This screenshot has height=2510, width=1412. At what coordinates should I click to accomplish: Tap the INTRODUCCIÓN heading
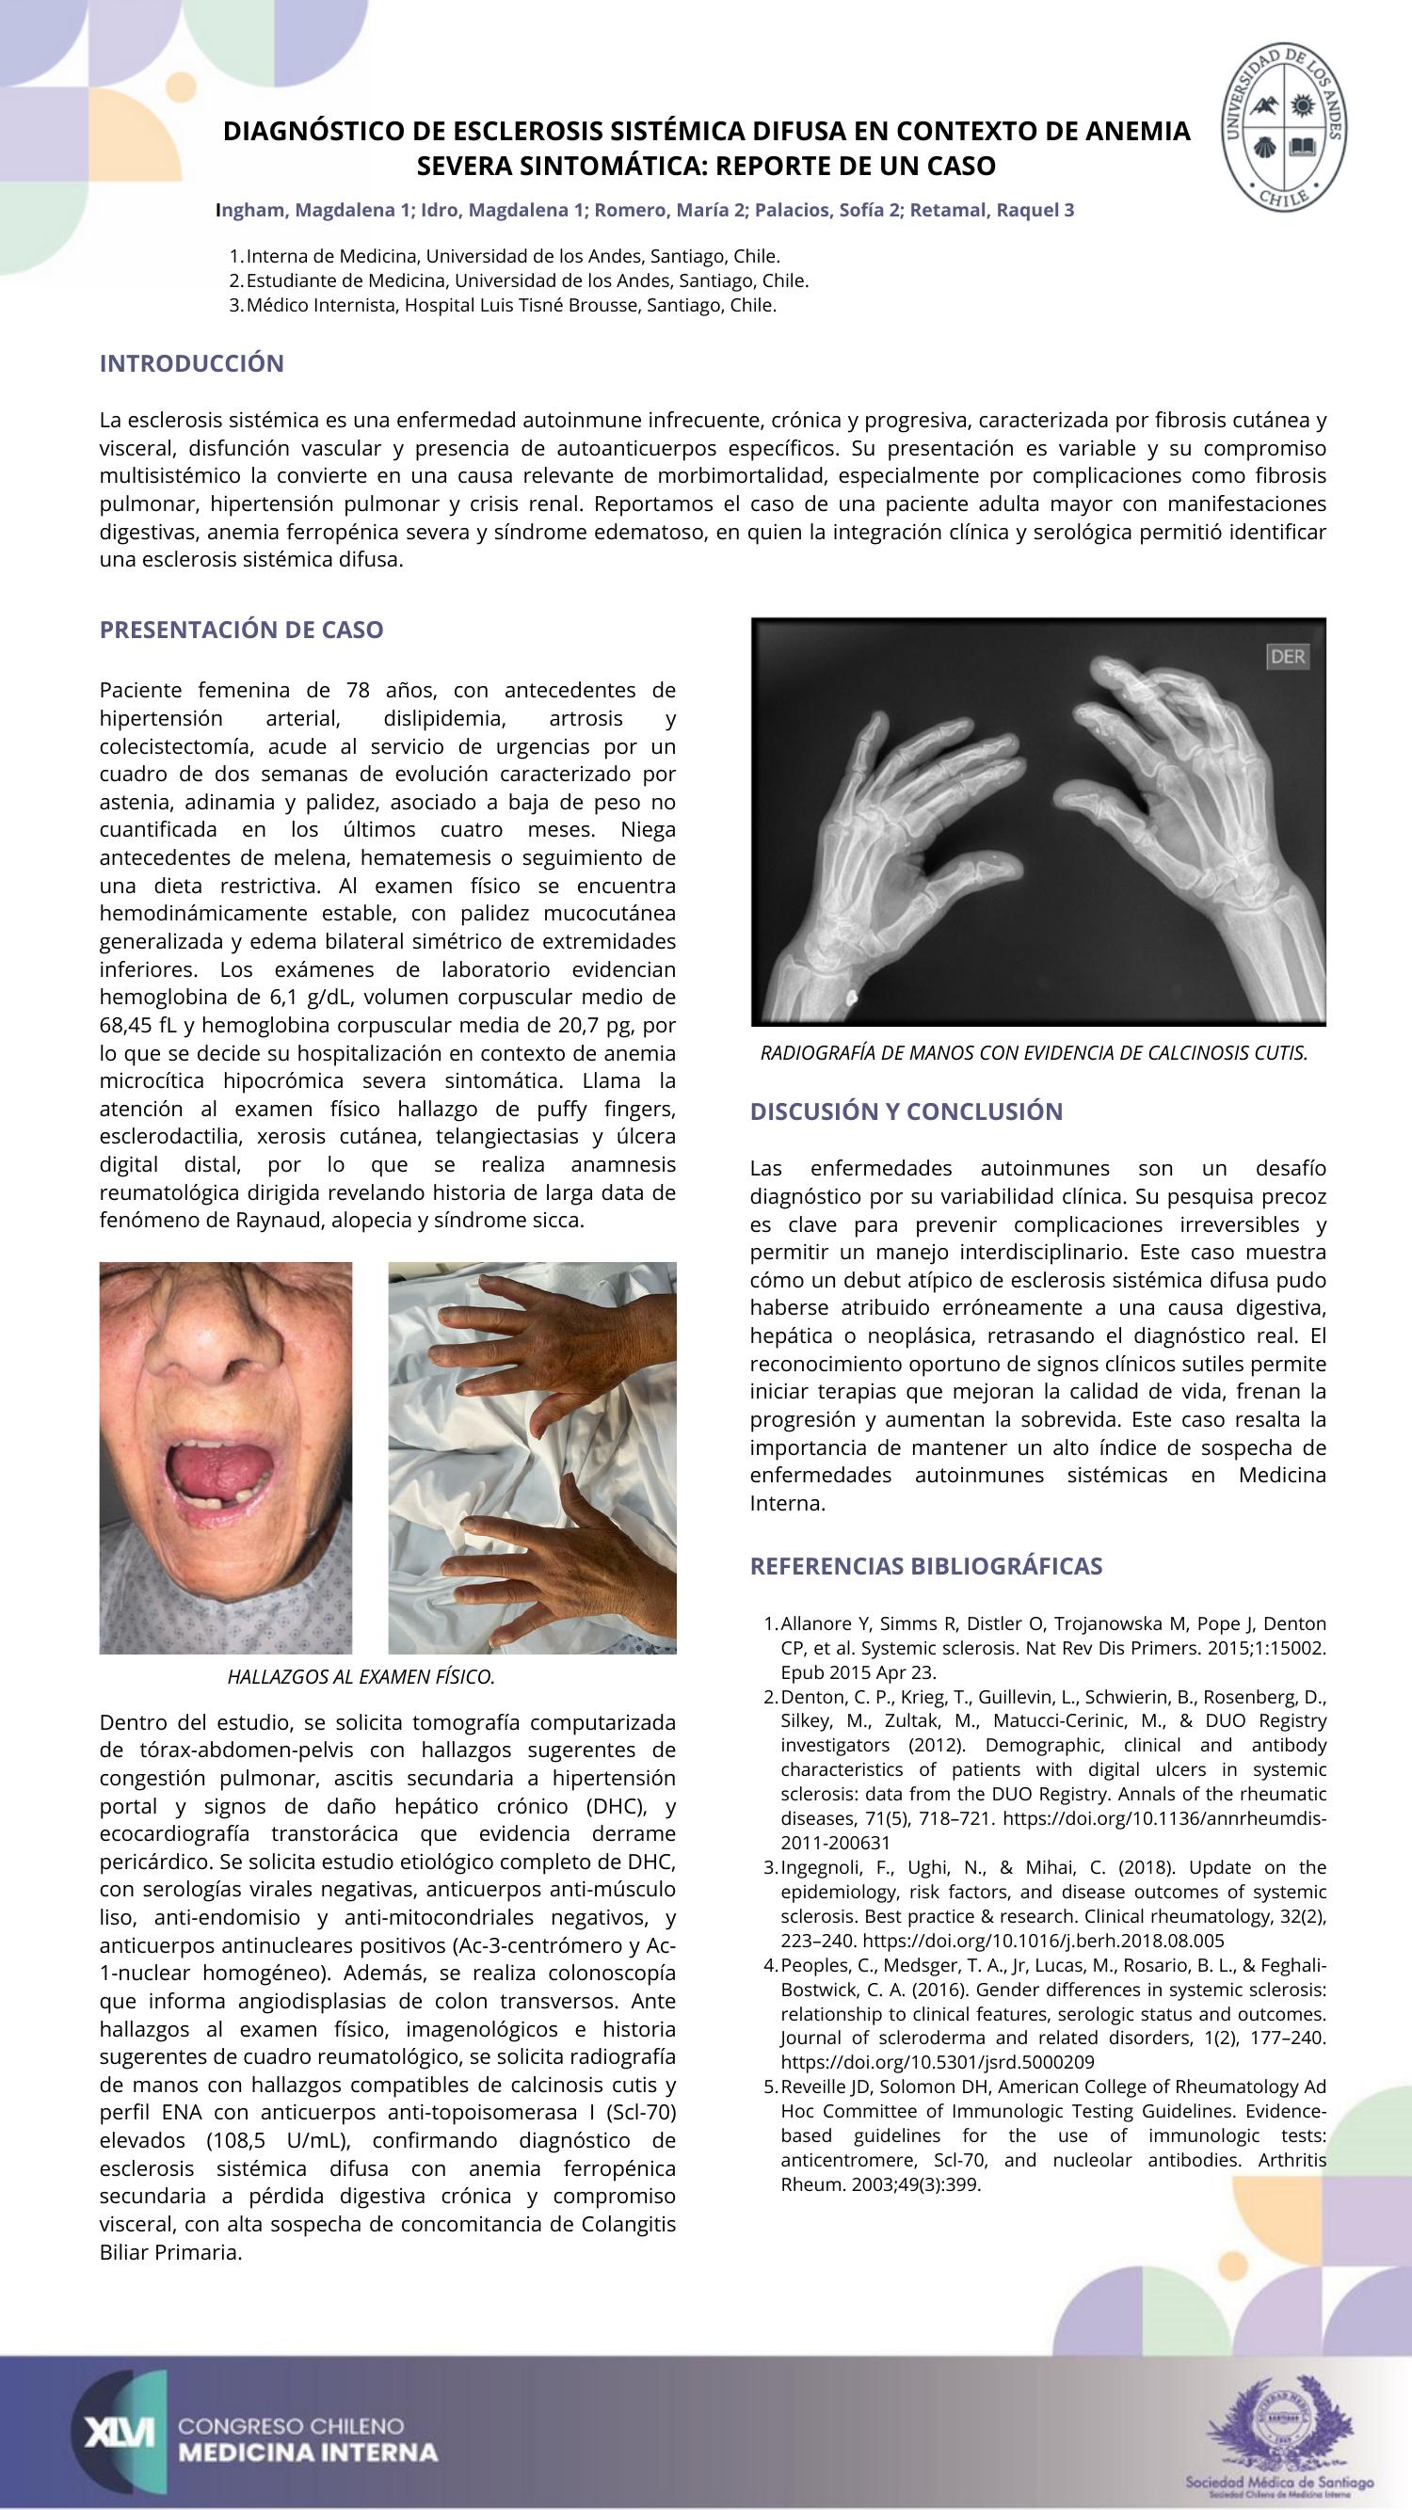coord(192,363)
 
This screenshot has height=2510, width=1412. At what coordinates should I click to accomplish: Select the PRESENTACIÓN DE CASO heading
coord(242,630)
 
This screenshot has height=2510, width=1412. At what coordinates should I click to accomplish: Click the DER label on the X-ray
coord(1287,657)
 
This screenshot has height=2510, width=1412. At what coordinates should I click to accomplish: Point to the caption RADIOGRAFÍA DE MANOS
coord(1033,1053)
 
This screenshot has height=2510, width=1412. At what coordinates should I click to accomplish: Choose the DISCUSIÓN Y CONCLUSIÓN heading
coord(907,1111)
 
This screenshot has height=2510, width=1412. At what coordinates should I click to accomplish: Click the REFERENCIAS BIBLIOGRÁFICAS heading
coord(925,1566)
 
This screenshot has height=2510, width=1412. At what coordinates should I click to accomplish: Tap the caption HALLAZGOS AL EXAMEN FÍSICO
coord(361,1677)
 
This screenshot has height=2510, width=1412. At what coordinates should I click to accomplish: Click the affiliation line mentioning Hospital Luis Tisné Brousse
coord(510,305)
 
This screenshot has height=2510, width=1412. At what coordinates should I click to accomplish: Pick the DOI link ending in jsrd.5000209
coord(938,2062)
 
